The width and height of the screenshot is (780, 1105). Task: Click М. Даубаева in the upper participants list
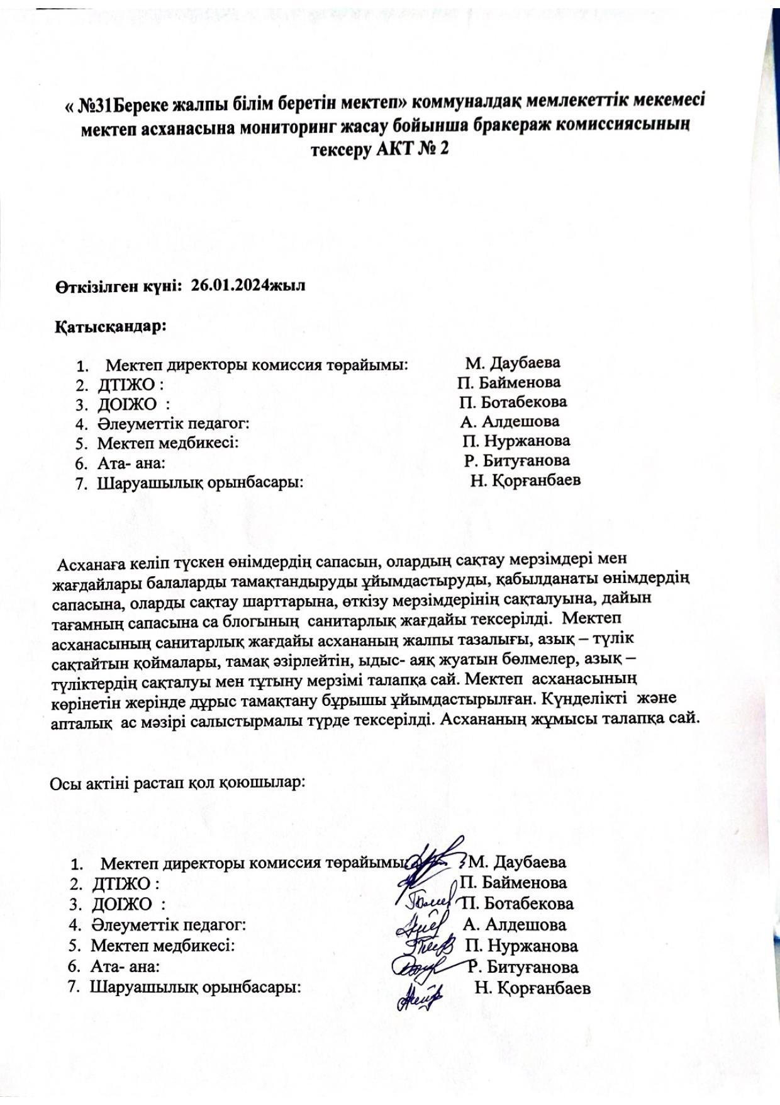[513, 363]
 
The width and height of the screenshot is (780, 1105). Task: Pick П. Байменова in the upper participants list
[509, 382]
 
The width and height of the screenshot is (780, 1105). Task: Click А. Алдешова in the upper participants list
[510, 421]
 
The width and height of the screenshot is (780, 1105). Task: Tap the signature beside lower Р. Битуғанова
[415, 965]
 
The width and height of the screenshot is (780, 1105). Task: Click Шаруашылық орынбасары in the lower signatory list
[196, 987]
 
